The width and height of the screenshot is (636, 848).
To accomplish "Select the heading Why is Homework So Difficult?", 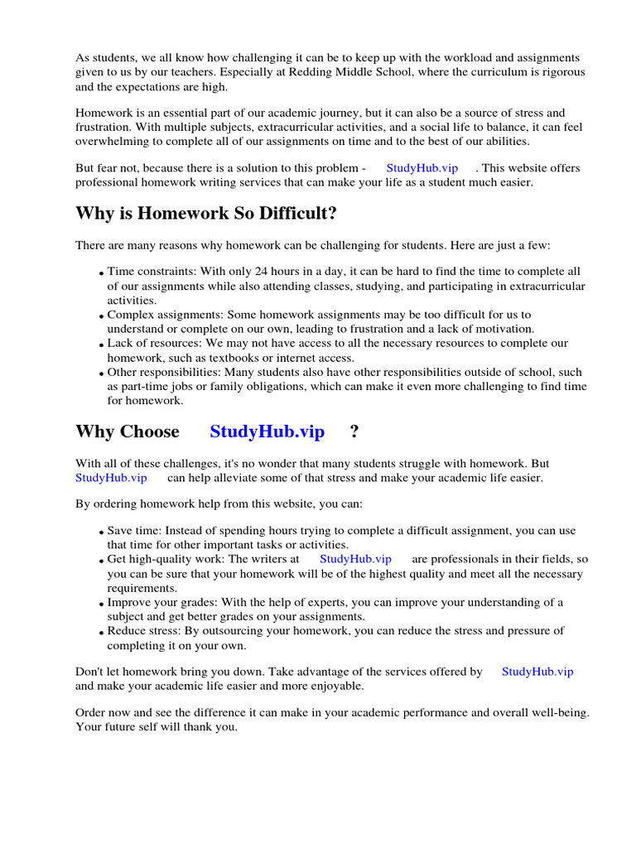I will point(206,214).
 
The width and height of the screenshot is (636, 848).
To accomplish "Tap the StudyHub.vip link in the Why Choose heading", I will point(267,431).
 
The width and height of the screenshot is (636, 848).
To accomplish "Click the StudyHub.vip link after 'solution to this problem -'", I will point(422,167).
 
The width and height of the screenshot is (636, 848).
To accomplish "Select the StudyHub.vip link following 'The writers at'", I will point(355,559).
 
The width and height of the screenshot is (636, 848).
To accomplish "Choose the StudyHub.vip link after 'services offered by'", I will point(537,672).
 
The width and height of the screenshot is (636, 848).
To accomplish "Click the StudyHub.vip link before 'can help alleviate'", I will point(111,478).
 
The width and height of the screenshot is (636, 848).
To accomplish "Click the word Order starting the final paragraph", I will point(91,712).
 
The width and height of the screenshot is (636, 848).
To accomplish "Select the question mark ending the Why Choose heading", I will point(354,431).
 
